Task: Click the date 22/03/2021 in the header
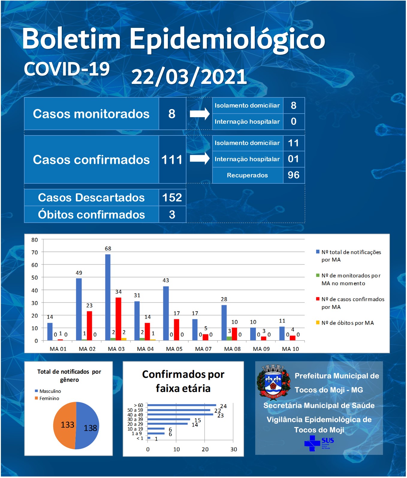189,77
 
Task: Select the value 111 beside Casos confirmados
172,160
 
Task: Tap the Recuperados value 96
293,175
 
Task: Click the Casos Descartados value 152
172,197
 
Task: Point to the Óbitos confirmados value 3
172,215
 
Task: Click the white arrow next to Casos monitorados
200,114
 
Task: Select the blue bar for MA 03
108,297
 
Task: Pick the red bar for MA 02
89,326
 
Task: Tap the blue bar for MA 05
166,313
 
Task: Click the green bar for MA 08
229,338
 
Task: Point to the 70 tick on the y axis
35,252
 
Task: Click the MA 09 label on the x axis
261,349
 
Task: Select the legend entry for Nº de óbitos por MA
345,323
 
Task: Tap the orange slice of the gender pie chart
64,425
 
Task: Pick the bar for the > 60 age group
182,405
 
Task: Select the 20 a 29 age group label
135,424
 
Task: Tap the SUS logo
319,443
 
